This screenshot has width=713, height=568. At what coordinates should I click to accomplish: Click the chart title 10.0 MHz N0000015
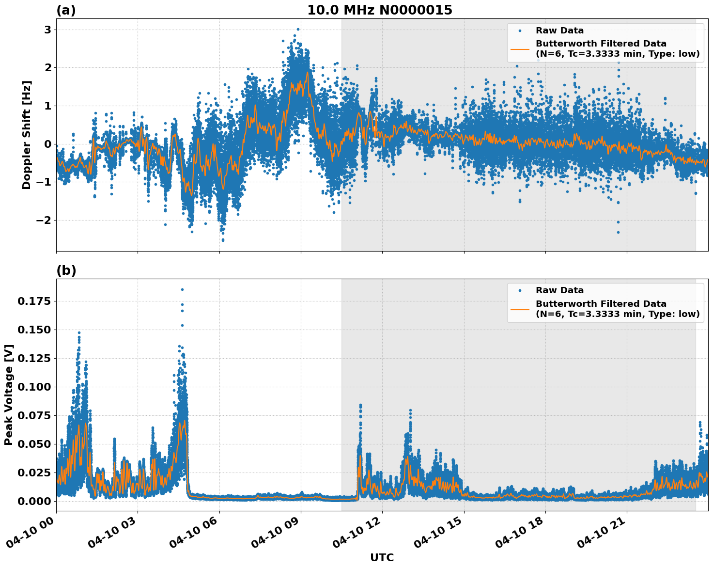coord(379,10)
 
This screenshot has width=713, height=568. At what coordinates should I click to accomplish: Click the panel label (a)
coord(66,10)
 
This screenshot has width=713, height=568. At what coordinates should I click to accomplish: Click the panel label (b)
coord(66,270)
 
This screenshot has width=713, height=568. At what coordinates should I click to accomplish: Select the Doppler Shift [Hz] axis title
coord(27,135)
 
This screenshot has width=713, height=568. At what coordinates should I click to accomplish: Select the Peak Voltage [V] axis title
coord(9,394)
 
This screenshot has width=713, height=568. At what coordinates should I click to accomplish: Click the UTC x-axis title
coord(382,557)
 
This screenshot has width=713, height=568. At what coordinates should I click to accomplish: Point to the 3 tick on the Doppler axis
coord(47,30)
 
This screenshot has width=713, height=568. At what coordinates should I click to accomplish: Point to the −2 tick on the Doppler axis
coord(44,221)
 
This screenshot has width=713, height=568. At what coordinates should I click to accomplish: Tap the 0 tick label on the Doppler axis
coord(47,144)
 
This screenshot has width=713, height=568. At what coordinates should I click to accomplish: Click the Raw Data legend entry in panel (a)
coord(559,31)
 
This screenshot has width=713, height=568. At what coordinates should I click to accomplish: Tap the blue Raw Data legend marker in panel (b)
coord(520,291)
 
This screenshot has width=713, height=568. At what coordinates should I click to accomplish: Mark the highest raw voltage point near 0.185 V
coord(182,289)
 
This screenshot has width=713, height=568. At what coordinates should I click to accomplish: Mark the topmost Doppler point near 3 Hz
coord(298,29)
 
